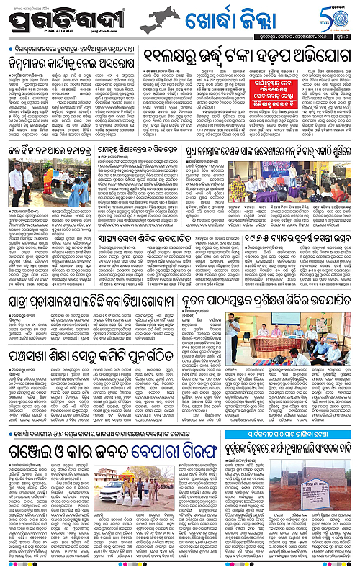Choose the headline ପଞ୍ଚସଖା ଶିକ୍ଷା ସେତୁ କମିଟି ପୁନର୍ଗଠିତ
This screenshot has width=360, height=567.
click(x=94, y=356)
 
